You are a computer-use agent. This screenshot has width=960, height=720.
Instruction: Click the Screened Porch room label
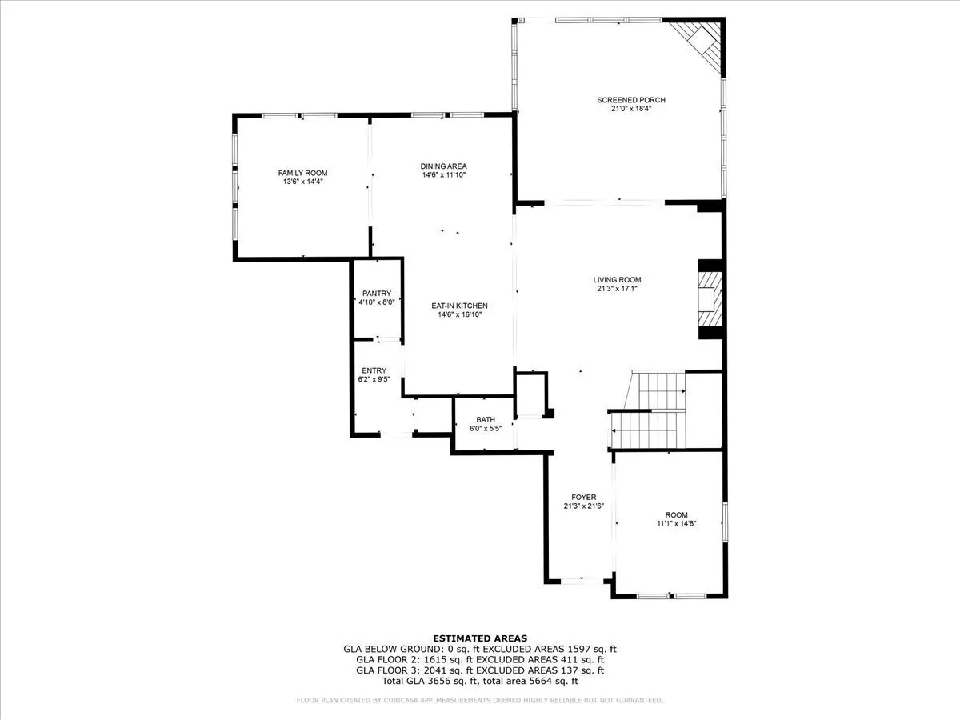(x=631, y=100)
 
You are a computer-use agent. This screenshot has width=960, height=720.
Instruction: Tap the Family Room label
(x=302, y=173)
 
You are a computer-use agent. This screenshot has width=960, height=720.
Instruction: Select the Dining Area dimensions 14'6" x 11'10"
(x=443, y=175)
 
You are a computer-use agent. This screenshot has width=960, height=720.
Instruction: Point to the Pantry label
(x=377, y=294)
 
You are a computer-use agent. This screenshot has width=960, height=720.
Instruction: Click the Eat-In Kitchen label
(x=459, y=306)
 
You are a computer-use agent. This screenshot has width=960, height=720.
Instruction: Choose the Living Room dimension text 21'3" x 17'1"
(x=617, y=289)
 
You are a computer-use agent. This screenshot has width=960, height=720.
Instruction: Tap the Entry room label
(x=374, y=370)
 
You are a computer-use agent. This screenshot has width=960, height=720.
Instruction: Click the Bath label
(x=486, y=420)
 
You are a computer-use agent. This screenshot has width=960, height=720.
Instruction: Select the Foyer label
(x=583, y=497)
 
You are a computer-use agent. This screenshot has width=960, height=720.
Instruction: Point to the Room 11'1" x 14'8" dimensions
(x=676, y=523)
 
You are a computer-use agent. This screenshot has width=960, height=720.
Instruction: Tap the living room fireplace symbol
(x=709, y=299)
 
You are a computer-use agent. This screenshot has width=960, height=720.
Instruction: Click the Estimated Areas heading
(x=480, y=638)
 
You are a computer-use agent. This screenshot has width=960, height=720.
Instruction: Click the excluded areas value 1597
(x=580, y=649)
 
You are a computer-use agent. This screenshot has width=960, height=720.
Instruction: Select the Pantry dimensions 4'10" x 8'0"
(x=377, y=302)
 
